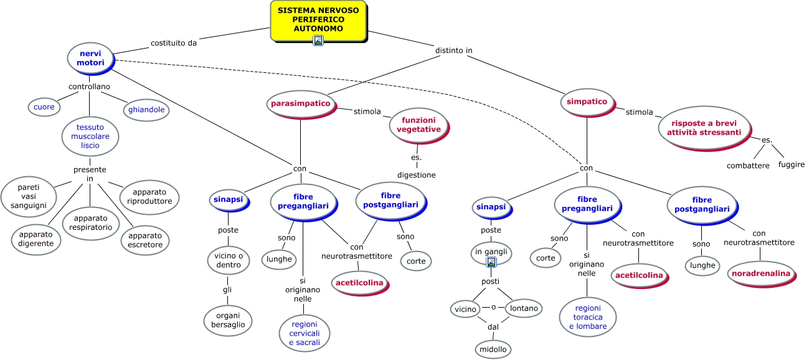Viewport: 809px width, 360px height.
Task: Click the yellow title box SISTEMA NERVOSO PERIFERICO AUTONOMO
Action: pyautogui.click(x=318, y=19)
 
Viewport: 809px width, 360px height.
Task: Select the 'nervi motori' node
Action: pyautogui.click(x=90, y=58)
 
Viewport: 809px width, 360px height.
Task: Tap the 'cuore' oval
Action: pyautogui.click(x=44, y=107)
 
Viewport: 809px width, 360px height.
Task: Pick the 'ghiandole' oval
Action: pyautogui.click(x=146, y=110)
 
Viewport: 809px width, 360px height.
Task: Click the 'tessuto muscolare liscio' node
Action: pyautogui.click(x=90, y=136)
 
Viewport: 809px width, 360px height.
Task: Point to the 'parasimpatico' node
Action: pyautogui.click(x=300, y=103)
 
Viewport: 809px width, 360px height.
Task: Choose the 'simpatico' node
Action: pyautogui.click(x=587, y=101)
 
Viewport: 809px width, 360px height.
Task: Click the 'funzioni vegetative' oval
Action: pyautogui.click(x=419, y=125)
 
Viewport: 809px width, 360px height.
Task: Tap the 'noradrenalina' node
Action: pyautogui.click(x=761, y=273)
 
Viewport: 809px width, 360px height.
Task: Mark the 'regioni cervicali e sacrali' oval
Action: pyautogui.click(x=305, y=333)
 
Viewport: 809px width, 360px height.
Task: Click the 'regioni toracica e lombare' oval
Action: pyautogui.click(x=589, y=317)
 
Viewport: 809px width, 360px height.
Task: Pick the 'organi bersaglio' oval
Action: pyautogui.click(x=228, y=320)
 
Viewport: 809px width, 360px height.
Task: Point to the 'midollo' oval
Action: pyautogui.click(x=493, y=349)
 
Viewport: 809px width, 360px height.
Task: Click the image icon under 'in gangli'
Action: pyautogui.click(x=491, y=262)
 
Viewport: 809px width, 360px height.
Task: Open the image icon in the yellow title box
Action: pyautogui.click(x=318, y=40)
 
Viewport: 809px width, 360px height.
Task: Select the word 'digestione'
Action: pyautogui.click(x=417, y=175)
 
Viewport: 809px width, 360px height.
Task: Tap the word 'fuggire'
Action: pyautogui.click(x=791, y=165)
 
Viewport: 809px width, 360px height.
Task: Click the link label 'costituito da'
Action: pyautogui.click(x=174, y=43)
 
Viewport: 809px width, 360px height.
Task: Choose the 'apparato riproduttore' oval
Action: pyautogui.click(x=150, y=197)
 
